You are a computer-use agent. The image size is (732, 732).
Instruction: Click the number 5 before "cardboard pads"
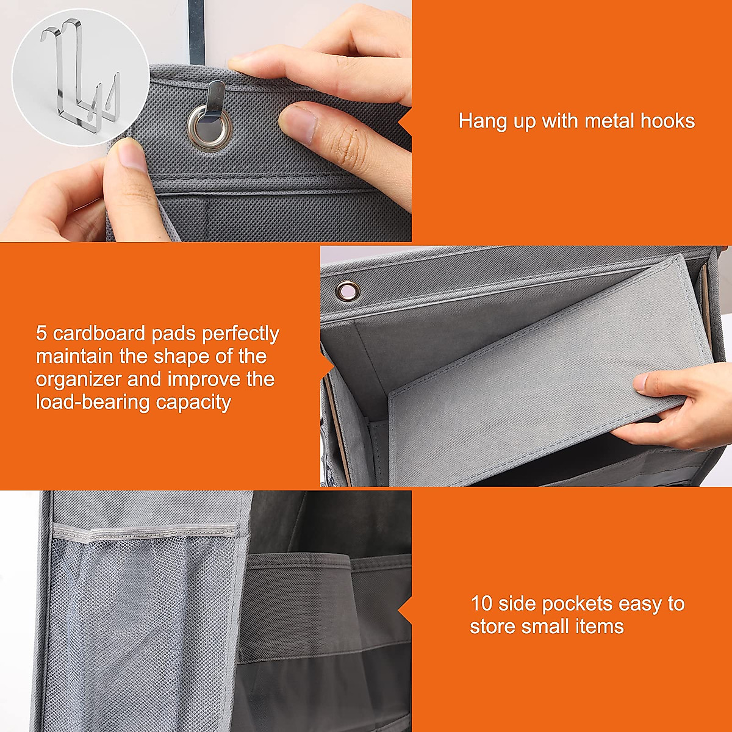click(41, 334)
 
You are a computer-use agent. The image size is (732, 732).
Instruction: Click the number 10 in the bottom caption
click(481, 604)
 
